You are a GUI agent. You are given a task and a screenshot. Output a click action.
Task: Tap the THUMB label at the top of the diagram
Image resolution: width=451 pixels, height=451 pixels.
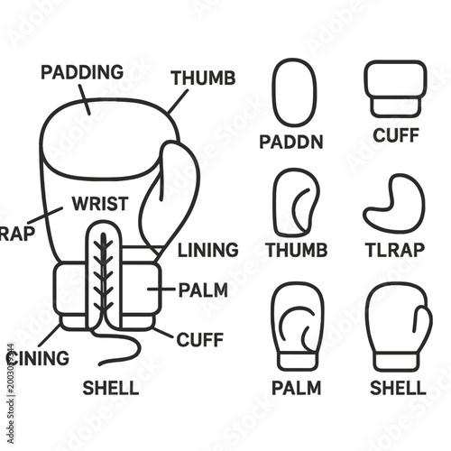pyautogui.click(x=203, y=78)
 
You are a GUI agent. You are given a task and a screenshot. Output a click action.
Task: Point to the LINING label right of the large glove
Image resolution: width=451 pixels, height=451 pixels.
pyautogui.click(x=207, y=250)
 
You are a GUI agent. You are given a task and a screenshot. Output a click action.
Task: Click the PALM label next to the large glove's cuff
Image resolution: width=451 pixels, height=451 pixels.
pyautogui.click(x=203, y=290)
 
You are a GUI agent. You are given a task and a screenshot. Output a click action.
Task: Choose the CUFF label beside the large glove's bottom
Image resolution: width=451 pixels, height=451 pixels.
pyautogui.click(x=199, y=340)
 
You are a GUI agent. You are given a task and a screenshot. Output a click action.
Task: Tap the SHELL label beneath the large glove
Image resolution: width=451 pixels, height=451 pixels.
pyautogui.click(x=111, y=389)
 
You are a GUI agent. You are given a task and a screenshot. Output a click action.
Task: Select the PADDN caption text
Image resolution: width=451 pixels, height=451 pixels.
pyautogui.click(x=293, y=143)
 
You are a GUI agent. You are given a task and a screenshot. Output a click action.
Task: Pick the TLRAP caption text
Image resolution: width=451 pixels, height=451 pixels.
pyautogui.click(x=393, y=250)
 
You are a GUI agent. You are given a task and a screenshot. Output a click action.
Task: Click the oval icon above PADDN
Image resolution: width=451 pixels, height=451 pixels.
pyautogui.click(x=294, y=93)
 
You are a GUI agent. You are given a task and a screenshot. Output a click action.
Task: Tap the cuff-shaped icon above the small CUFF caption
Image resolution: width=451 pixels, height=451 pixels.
pyautogui.click(x=393, y=87)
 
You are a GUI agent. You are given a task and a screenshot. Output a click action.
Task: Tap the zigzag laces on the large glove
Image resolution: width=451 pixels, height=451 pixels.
pyautogui.click(x=102, y=275)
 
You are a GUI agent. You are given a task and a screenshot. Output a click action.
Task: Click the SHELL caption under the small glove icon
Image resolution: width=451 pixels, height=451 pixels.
pyautogui.click(x=398, y=389)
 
